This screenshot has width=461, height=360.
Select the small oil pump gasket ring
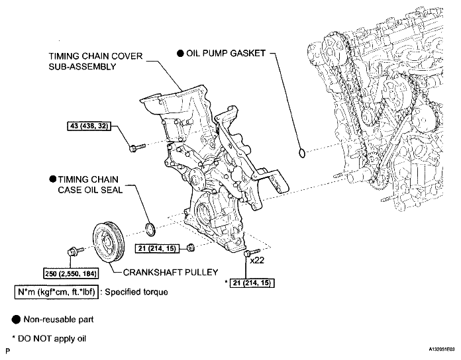(x=303, y=154)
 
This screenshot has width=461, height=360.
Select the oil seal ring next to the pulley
(x=151, y=229)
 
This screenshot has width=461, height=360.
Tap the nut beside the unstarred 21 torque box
(x=190, y=248)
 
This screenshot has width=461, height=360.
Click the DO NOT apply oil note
(x=46, y=339)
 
